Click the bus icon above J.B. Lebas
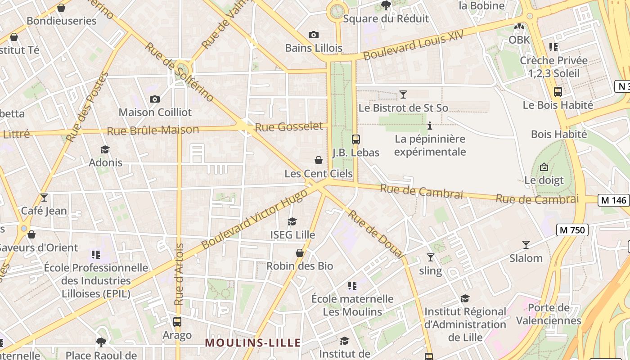355,139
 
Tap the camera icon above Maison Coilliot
155,99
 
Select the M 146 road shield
613,200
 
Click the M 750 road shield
572,230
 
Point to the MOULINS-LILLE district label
253,342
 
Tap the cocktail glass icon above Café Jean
44,198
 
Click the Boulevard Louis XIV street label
414,46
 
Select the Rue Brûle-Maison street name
153,130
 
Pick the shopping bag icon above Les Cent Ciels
319,160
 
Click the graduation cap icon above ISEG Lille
292,221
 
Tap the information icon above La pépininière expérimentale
430,126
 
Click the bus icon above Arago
177,322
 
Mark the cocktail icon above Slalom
526,245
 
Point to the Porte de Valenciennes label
549,314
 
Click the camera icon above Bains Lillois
314,35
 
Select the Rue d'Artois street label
179,274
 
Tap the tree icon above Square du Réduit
386,5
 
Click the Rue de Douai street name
375,234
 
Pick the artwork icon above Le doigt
544,167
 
